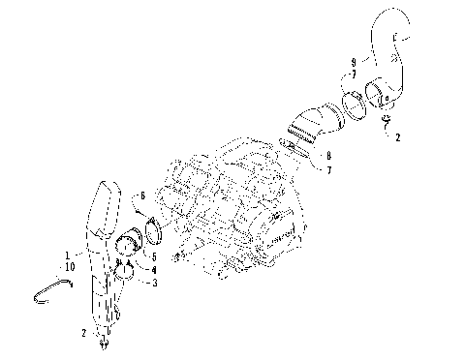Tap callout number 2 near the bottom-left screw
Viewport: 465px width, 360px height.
(x=84, y=332)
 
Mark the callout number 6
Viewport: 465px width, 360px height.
(x=143, y=195)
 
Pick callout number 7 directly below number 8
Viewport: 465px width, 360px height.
(x=329, y=170)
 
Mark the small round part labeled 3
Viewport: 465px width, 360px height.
(x=123, y=282)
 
